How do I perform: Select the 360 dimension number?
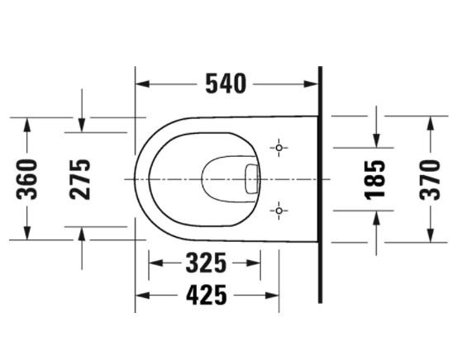tap(28, 178)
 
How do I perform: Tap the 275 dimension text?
tap(81, 178)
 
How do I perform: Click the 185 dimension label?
tap(376, 179)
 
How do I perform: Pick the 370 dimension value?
tap(430, 178)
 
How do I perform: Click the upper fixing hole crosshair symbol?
tap(279, 148)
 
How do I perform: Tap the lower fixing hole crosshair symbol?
tap(279, 211)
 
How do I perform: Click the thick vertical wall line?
tap(318, 190)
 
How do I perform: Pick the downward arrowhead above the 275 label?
tap(81, 125)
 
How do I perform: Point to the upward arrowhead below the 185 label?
tap(376, 216)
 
